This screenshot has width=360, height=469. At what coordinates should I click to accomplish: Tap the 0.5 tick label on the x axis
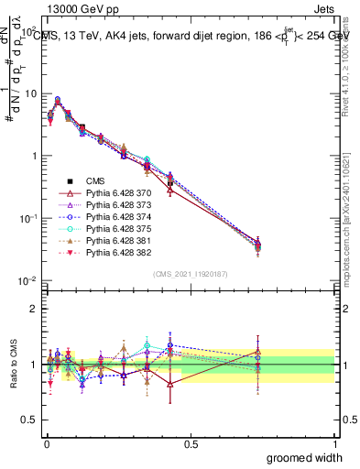[191, 444]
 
